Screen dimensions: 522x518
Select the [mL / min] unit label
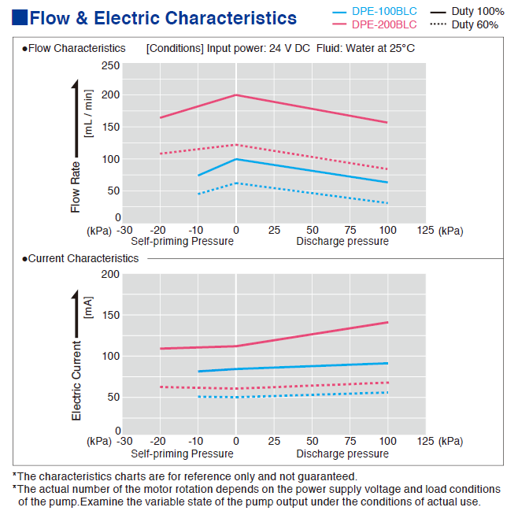tap(89, 115)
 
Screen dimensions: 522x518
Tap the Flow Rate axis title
tap(76, 187)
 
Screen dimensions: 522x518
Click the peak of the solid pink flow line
tap(236, 94)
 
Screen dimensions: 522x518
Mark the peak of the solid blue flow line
tap(236, 159)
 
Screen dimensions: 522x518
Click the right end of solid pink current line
tap(388, 322)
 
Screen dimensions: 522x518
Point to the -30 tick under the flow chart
tap(122, 231)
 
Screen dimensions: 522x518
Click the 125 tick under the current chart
tap(425, 442)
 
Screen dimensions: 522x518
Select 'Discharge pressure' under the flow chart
tap(342, 241)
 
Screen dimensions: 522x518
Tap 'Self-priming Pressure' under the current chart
tap(182, 454)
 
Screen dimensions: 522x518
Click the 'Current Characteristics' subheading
tap(83, 258)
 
